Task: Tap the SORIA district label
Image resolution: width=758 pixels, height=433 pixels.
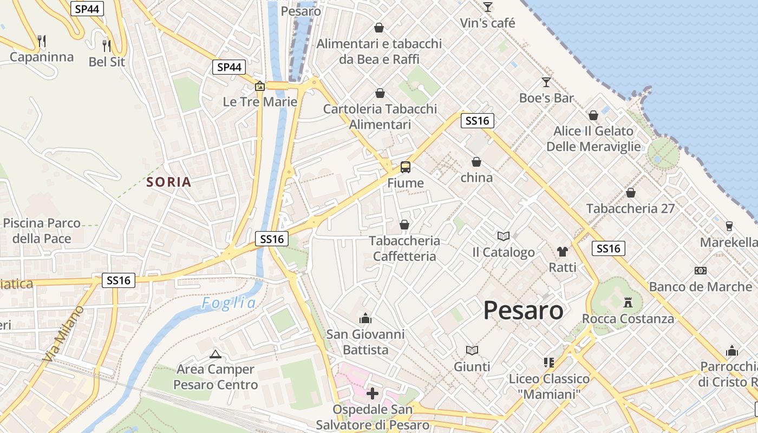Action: click(x=169, y=182)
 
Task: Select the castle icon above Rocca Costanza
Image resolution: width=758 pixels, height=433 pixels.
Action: click(x=628, y=302)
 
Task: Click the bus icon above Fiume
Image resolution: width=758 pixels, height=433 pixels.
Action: click(x=406, y=167)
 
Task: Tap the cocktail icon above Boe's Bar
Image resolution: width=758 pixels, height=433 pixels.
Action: click(x=546, y=82)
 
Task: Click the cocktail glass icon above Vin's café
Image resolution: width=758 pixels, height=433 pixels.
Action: click(x=488, y=7)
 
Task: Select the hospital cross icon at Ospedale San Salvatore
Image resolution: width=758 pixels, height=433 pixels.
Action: click(x=373, y=393)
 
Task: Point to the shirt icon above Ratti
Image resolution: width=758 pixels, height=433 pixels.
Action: click(x=563, y=251)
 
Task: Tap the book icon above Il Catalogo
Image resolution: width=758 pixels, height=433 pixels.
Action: click(x=504, y=236)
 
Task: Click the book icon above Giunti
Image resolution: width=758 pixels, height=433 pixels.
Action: click(x=472, y=351)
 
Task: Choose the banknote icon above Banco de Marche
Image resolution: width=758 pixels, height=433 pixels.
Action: click(x=701, y=270)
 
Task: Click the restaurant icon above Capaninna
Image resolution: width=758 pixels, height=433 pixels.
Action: click(x=42, y=41)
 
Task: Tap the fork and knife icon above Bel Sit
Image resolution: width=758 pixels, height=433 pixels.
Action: click(x=107, y=45)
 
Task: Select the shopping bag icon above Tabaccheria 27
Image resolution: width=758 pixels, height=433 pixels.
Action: click(x=630, y=192)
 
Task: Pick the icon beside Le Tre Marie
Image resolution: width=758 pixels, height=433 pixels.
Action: click(x=260, y=86)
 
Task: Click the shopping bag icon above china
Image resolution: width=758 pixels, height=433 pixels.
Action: click(x=476, y=162)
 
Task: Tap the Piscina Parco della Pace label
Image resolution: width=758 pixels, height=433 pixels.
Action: click(x=42, y=231)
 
